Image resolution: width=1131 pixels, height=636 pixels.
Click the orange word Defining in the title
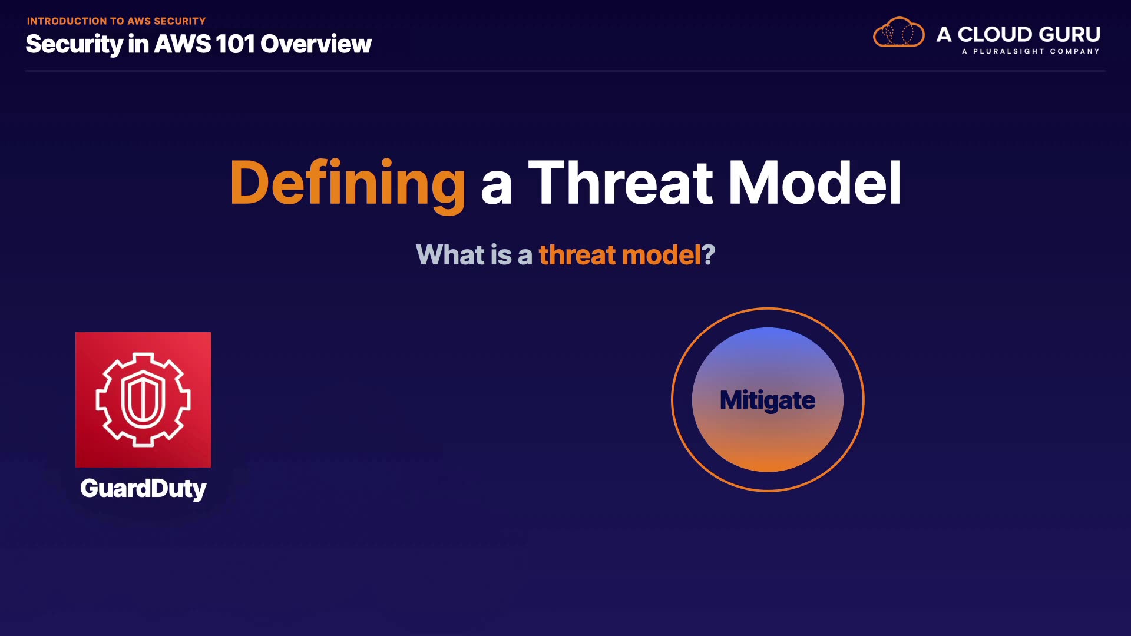click(348, 184)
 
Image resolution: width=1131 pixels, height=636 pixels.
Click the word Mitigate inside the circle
click(768, 400)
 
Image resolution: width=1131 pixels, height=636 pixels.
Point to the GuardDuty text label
click(143, 489)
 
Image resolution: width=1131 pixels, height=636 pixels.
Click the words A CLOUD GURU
click(1018, 34)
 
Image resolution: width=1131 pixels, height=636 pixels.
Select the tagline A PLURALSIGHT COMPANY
click(1031, 51)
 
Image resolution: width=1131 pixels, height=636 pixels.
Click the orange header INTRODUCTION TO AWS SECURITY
click(116, 21)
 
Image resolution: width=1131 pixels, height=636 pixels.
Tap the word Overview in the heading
click(316, 44)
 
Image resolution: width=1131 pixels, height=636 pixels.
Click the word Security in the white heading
click(74, 45)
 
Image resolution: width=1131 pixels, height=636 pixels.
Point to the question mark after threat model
click(709, 255)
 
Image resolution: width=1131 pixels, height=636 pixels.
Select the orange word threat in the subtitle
click(577, 255)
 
